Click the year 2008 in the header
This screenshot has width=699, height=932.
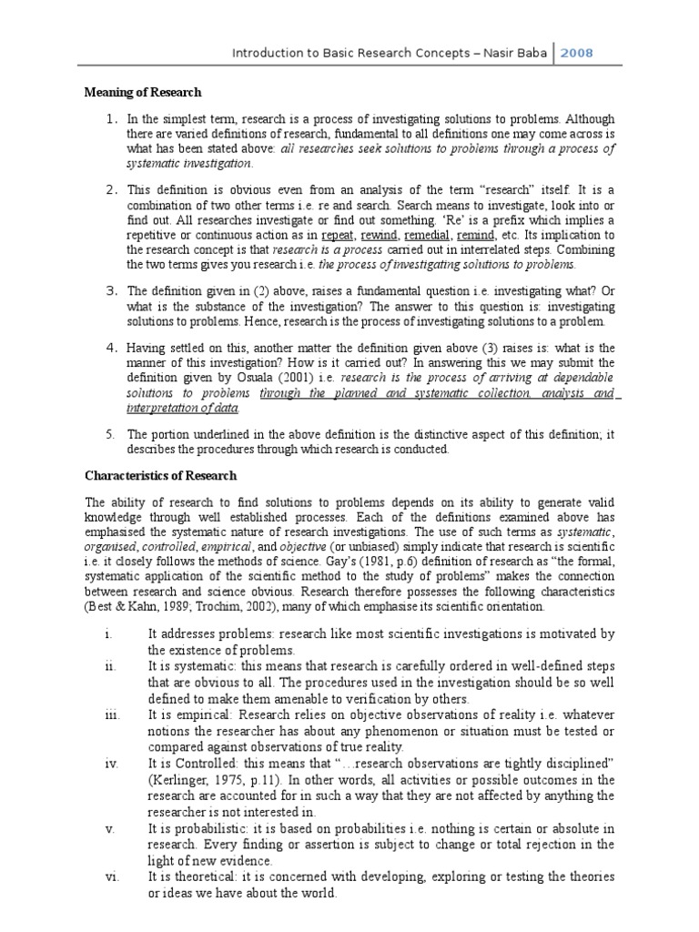[x=575, y=53]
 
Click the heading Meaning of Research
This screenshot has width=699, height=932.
[x=143, y=93]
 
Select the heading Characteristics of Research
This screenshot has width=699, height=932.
[x=161, y=475]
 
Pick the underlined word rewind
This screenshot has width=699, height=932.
[x=381, y=234]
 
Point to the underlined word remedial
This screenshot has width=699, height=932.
[x=431, y=234]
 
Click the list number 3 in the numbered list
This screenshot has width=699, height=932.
[x=111, y=291]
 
